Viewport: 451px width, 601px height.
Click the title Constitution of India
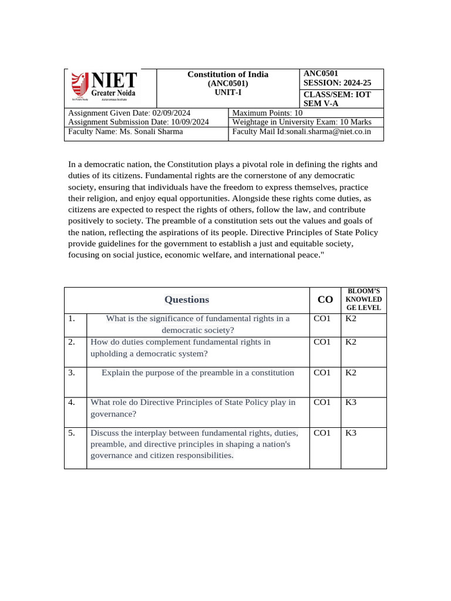pos(228,75)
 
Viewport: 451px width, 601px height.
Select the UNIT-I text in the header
pos(228,93)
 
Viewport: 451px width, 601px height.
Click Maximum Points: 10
pos(268,113)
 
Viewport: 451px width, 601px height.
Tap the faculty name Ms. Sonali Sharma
pos(151,131)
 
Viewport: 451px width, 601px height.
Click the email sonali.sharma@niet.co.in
pos(328,131)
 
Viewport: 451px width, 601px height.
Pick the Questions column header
pos(187,300)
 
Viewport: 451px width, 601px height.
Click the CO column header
pos(325,300)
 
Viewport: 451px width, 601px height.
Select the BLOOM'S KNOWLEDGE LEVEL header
pos(364,299)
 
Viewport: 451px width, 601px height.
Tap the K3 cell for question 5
pos(351,433)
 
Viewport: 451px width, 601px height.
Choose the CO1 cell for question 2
pos(322,342)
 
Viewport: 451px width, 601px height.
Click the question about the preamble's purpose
pos(198,373)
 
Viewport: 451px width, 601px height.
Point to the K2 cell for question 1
pos(351,319)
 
